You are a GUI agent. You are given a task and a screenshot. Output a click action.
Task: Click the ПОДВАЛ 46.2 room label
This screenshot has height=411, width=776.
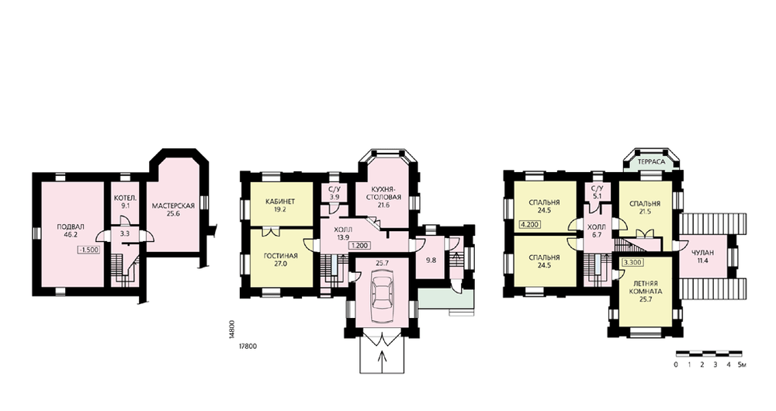tap(71, 231)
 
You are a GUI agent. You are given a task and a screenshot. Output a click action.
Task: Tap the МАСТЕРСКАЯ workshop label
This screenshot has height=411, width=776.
tap(173, 205)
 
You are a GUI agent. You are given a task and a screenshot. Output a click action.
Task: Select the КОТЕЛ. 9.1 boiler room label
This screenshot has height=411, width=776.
tap(125, 202)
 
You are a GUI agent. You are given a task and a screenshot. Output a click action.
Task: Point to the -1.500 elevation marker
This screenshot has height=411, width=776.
tap(89, 250)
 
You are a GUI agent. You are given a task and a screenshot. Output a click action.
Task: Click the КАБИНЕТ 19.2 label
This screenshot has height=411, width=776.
tap(280, 205)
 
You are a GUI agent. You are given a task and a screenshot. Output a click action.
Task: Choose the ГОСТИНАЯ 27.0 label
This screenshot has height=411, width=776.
tap(281, 260)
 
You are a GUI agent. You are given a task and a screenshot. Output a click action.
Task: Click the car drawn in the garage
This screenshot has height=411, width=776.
tap(383, 295)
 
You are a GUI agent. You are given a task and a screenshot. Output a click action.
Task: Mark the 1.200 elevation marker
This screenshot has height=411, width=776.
tap(362, 245)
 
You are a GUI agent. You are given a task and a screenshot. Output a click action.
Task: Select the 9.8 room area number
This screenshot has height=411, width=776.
tap(431, 260)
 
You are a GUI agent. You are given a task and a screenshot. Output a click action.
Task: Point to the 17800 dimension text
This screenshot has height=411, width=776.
tap(248, 347)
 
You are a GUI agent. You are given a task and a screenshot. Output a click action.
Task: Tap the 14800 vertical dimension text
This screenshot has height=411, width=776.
tap(231, 330)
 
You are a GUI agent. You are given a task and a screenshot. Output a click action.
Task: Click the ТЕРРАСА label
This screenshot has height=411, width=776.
tap(651, 162)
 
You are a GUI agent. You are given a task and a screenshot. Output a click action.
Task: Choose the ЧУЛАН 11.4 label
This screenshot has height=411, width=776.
tap(703, 257)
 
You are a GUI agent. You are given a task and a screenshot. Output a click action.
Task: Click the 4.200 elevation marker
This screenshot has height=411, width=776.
tap(529, 224)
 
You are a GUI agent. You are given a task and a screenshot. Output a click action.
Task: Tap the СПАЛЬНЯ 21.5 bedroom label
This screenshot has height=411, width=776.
tap(645, 207)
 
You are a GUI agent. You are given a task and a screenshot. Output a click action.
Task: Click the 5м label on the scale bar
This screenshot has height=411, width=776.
tap(742, 365)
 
